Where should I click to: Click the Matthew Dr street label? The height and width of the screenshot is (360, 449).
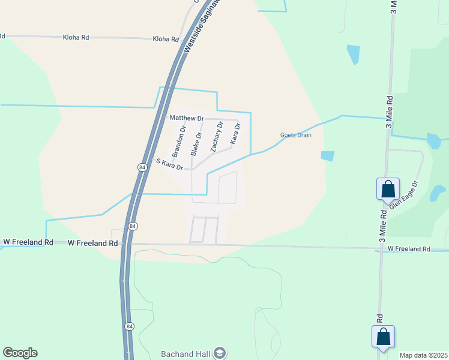coord(186,118)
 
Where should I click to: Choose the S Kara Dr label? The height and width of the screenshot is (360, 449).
coord(169,163)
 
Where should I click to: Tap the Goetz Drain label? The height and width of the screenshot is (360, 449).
coord(296,135)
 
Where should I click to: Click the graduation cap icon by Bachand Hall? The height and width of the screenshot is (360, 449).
coord(219,352)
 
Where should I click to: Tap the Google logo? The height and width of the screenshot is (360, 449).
coord(20,353)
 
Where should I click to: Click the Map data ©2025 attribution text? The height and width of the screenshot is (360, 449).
coord(423,355)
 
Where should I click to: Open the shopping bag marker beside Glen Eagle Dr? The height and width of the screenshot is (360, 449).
coord(388,189)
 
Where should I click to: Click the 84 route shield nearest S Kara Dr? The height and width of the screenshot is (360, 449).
coord(142,167)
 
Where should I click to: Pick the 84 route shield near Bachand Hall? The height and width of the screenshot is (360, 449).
coord(130,326)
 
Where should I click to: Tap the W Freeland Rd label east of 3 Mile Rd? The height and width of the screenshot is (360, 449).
coord(409,248)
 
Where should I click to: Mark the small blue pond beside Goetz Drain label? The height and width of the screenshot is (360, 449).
coord(328,156)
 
